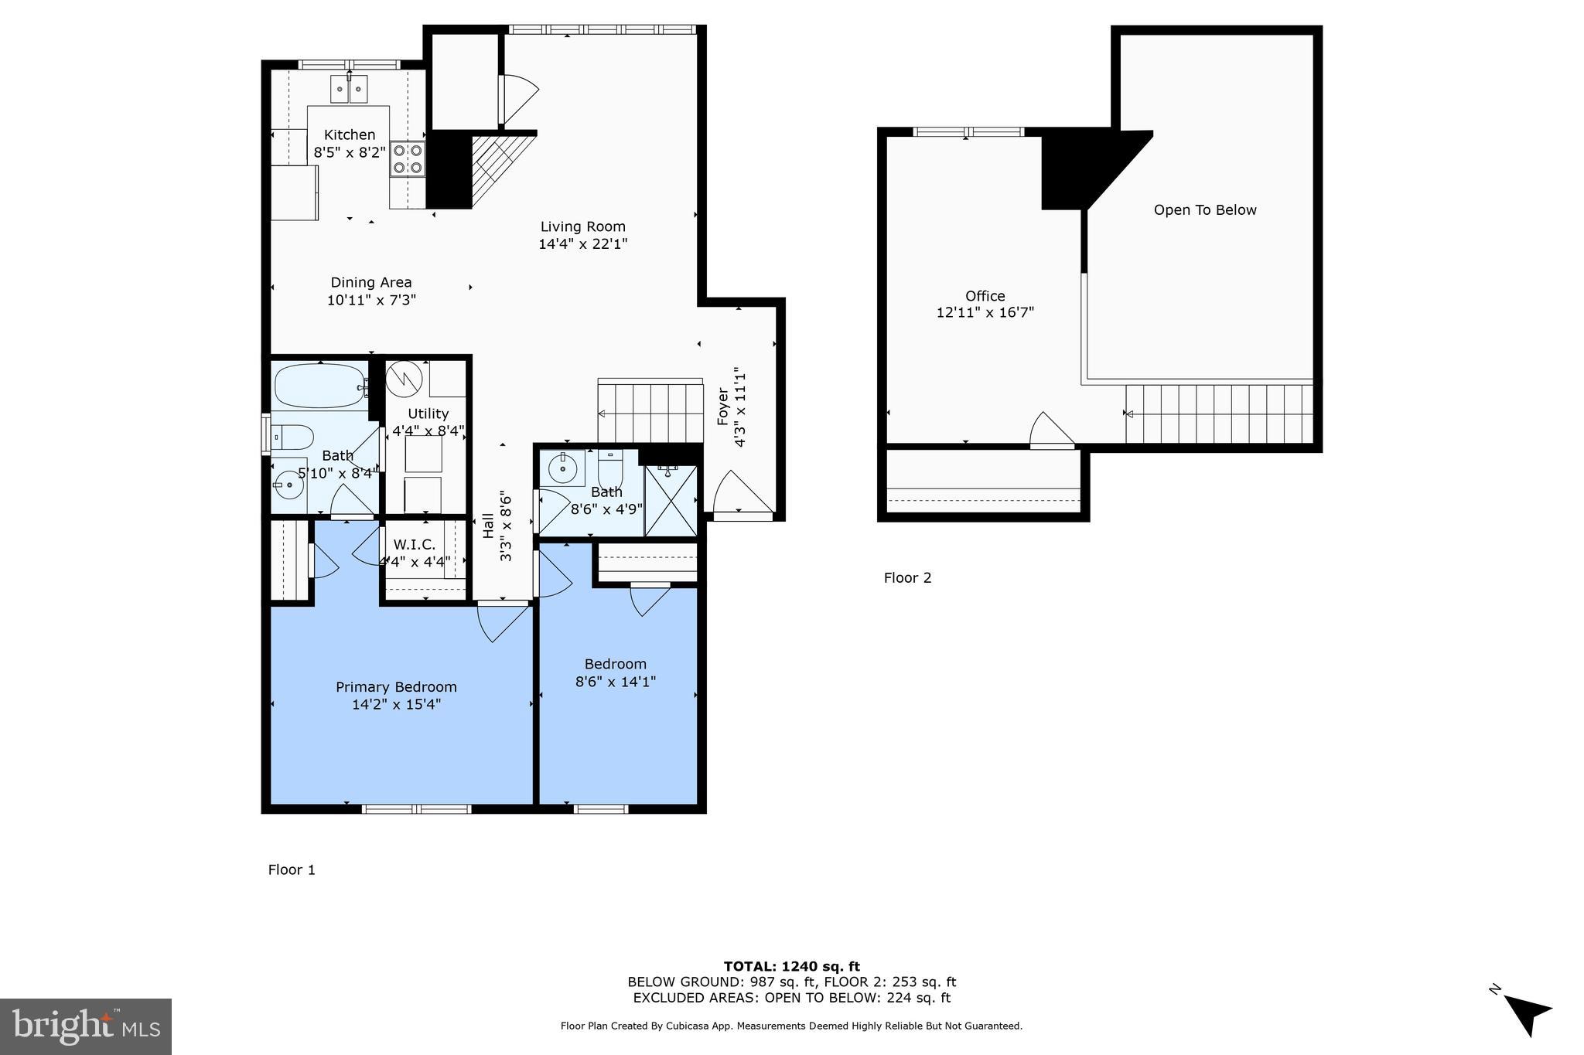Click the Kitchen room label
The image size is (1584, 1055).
(x=350, y=134)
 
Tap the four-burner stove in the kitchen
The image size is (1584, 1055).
(x=408, y=158)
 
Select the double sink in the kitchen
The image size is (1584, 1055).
(x=349, y=89)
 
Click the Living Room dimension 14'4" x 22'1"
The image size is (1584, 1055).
(x=582, y=244)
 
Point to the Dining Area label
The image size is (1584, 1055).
(x=371, y=282)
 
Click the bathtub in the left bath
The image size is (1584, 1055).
(x=319, y=386)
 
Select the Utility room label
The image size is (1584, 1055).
(x=428, y=413)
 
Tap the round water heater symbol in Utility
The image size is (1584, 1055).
(x=404, y=378)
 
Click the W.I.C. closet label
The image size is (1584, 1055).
(x=415, y=544)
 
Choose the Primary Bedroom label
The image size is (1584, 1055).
(x=396, y=687)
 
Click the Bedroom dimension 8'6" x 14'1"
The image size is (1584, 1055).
(x=616, y=682)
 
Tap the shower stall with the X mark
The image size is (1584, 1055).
(x=671, y=500)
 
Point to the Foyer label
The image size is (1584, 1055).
(x=723, y=406)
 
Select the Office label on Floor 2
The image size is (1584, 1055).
(x=985, y=296)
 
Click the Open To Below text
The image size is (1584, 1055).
(x=1204, y=210)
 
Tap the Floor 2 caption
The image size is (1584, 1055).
(x=907, y=578)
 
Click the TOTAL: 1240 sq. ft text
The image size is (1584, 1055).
(x=791, y=966)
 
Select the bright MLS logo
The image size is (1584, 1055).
(x=85, y=1026)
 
